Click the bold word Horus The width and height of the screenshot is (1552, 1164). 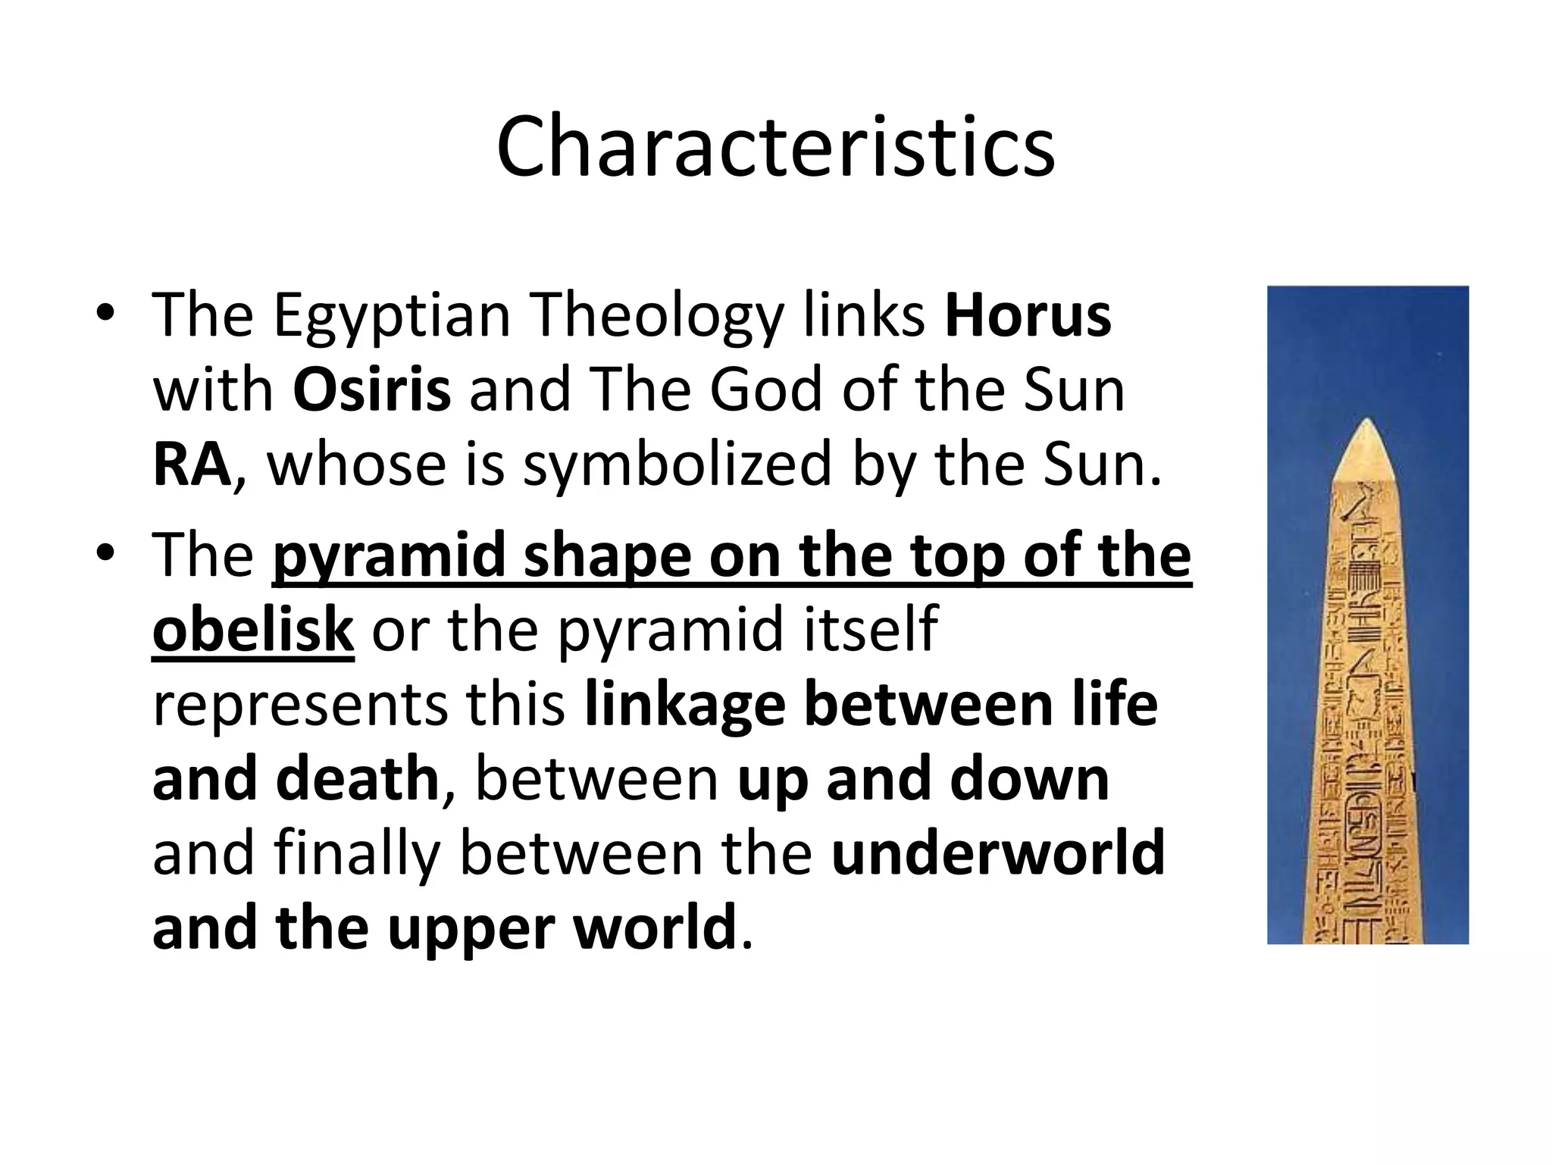click(1028, 315)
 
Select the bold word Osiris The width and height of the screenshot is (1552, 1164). click(371, 390)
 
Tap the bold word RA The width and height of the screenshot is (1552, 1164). click(191, 465)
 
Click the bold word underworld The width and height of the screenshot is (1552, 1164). click(997, 853)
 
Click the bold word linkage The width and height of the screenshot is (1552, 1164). click(684, 705)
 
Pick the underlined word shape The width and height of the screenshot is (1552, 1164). click(607, 555)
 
